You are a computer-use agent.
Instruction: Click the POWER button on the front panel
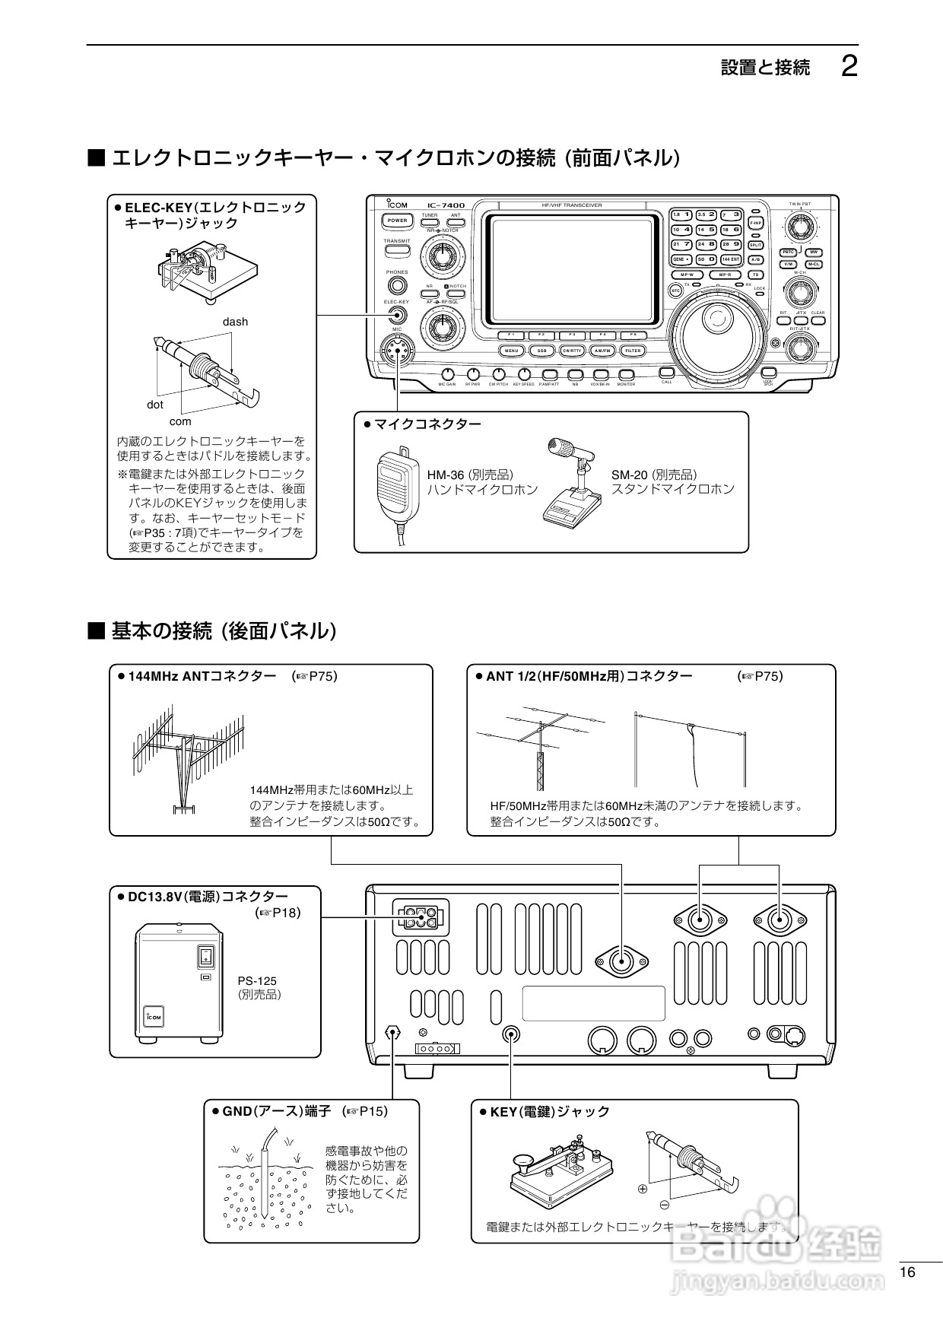(x=398, y=221)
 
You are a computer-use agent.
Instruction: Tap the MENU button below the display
(x=511, y=351)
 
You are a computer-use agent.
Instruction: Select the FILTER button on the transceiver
(x=633, y=351)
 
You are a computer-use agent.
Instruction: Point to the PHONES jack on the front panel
(x=397, y=286)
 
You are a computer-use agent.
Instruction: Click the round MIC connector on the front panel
(x=396, y=350)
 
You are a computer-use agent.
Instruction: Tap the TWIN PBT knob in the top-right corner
(x=799, y=226)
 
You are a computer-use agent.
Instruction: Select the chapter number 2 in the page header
(x=850, y=67)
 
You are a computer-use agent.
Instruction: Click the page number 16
(x=907, y=1273)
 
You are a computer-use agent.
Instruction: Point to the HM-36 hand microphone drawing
(x=398, y=487)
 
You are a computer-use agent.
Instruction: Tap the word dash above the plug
(x=235, y=322)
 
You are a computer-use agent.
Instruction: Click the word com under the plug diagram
(x=180, y=421)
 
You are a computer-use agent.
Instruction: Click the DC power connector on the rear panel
(x=420, y=917)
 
